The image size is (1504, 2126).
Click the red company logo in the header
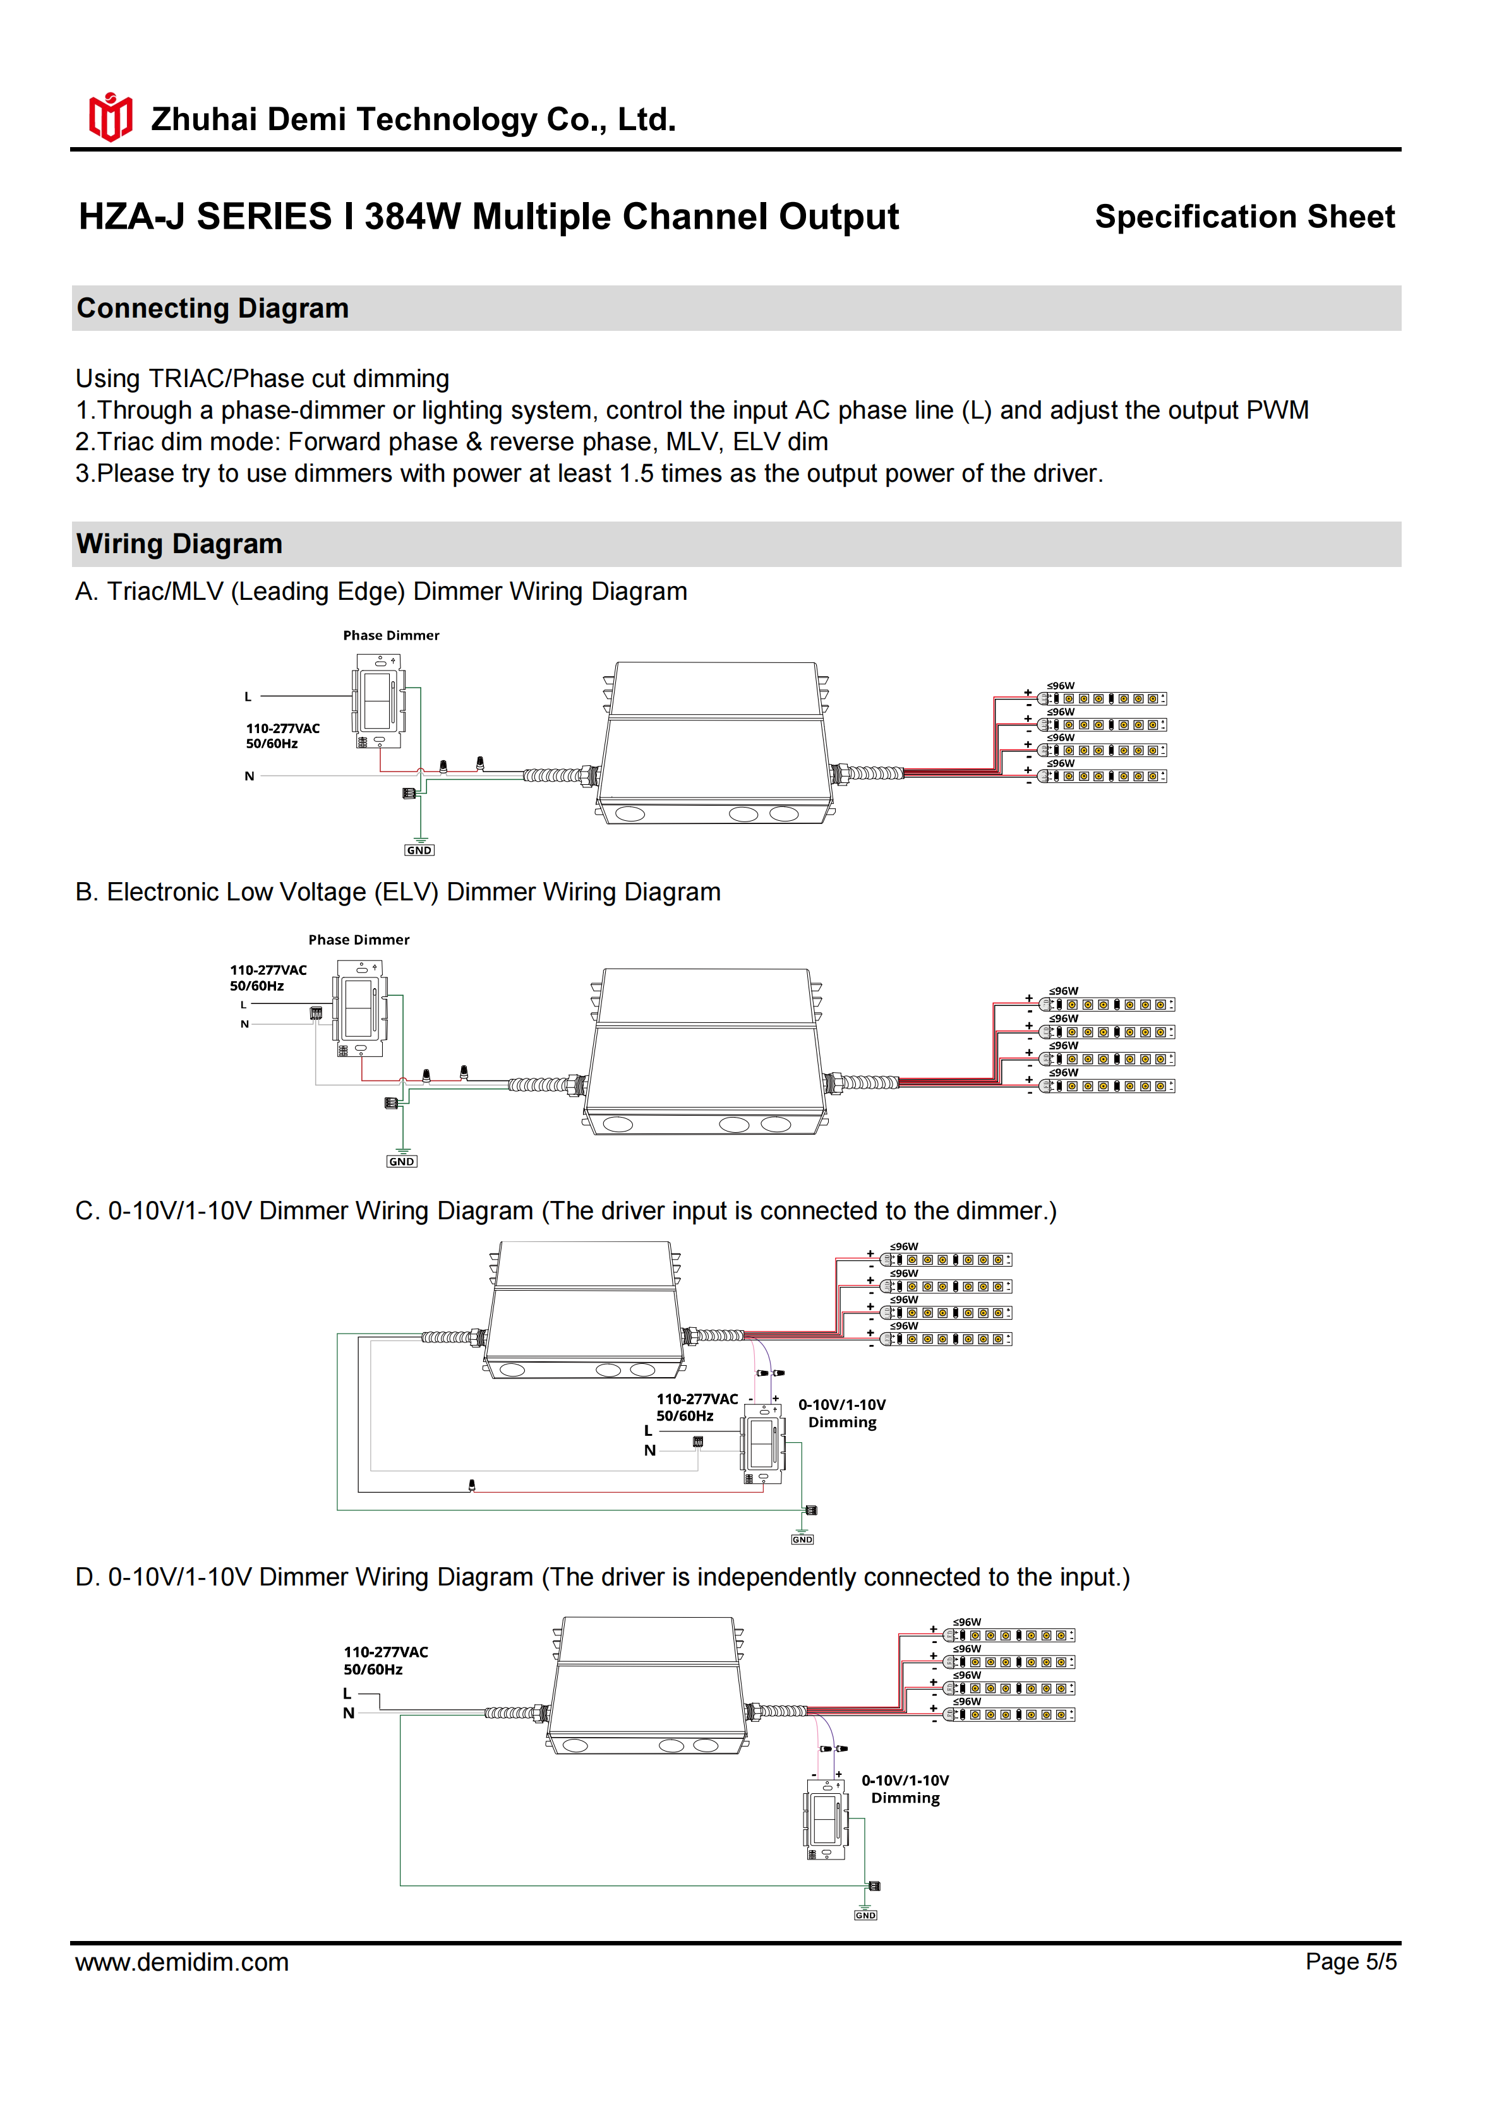point(110,117)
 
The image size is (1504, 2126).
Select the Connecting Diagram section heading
point(213,308)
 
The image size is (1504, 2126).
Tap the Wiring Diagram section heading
point(179,544)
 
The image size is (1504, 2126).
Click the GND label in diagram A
point(419,850)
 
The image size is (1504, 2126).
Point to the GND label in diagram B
point(402,1161)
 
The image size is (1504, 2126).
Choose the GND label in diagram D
point(865,1915)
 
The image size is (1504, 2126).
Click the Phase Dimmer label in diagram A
point(391,635)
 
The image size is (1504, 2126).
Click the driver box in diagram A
point(713,743)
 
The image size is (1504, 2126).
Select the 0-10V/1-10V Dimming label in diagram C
point(842,1413)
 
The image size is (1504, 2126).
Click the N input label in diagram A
point(249,776)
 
